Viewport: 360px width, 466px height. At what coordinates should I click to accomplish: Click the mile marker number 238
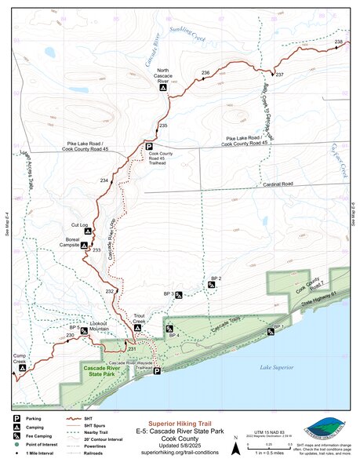click(338, 42)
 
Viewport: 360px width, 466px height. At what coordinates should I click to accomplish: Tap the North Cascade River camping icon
click(163, 89)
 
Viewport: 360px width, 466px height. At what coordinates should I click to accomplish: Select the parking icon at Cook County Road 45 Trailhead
click(148, 145)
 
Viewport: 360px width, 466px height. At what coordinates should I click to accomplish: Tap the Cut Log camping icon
click(88, 231)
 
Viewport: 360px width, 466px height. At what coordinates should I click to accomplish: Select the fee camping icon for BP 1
click(271, 332)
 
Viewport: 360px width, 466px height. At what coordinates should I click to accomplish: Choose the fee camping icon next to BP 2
click(211, 285)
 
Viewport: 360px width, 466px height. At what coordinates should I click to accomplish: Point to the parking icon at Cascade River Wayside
click(157, 370)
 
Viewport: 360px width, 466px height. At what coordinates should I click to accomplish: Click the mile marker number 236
click(205, 73)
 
